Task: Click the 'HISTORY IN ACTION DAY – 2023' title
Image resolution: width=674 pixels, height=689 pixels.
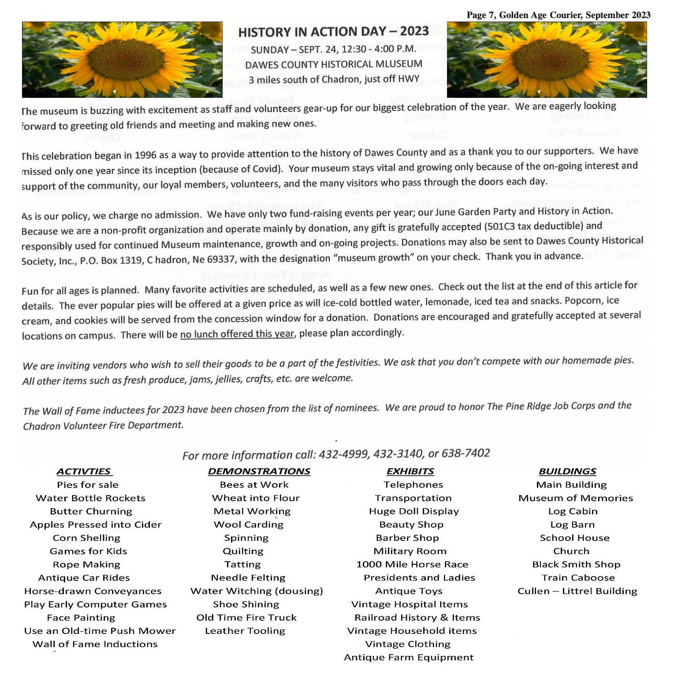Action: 333,32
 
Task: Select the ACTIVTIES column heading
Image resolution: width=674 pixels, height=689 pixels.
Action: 84,471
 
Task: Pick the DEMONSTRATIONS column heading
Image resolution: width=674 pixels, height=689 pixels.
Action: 259,471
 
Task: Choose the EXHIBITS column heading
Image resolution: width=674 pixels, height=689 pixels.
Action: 410,471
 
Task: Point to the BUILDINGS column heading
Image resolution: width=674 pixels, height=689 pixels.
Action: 567,471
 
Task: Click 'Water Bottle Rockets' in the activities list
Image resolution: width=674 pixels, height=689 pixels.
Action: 90,498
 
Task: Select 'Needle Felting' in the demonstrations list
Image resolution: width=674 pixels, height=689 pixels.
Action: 248,577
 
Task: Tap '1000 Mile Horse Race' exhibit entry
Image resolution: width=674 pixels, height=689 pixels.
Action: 412,564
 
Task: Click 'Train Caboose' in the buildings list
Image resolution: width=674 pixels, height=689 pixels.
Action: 578,577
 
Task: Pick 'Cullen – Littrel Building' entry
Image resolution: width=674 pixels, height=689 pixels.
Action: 577,591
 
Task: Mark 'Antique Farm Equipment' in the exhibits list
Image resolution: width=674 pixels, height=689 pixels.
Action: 409,657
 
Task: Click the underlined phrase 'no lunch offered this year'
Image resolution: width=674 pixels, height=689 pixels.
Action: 237,334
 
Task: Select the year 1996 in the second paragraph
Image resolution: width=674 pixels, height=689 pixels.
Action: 145,155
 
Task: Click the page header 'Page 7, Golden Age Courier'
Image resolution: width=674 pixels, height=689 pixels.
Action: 525,15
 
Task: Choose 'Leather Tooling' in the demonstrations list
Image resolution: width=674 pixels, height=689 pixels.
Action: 245,631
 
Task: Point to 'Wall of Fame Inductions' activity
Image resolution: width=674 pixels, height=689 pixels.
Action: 95,644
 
